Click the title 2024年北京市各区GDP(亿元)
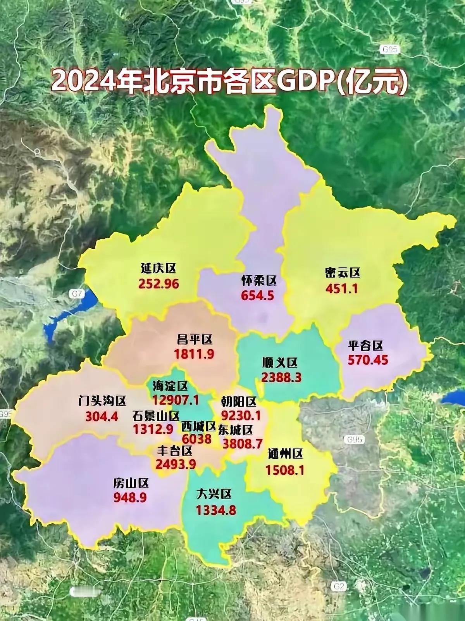(229, 82)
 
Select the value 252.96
(159, 284)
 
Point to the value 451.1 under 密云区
(341, 289)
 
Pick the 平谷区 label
(365, 345)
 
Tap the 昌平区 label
(195, 340)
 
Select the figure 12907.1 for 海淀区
(176, 400)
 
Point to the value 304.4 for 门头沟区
(102, 417)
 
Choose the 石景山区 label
(156, 416)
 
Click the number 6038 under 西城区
(197, 439)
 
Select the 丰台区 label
(175, 450)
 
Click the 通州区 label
(285, 454)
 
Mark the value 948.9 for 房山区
(130, 498)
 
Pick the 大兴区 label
(214, 494)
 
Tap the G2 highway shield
(339, 586)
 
